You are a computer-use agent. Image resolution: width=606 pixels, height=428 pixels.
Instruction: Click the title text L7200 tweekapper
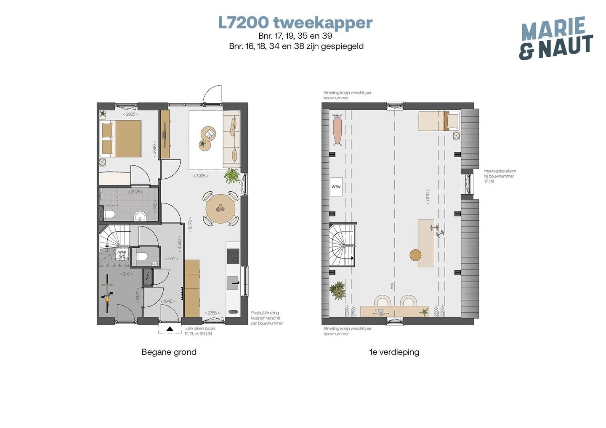(295, 23)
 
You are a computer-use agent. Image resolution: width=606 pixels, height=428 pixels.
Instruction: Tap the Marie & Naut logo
(555, 38)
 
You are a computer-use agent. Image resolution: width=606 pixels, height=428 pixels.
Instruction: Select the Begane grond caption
(169, 352)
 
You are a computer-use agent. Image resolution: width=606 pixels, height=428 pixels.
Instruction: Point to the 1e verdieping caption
(394, 352)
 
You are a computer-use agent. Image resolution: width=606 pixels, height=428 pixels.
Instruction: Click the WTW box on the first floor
(336, 187)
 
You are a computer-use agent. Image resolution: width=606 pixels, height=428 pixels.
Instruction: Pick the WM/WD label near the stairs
(122, 254)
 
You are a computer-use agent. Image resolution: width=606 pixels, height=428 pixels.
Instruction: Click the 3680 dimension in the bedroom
(155, 149)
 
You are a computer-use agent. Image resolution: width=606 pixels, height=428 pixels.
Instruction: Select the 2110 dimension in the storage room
(126, 274)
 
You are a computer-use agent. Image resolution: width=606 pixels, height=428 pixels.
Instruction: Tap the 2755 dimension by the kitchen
(212, 313)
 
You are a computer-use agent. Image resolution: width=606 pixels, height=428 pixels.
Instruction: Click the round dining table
(220, 208)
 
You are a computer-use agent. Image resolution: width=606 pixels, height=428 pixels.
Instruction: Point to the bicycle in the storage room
(108, 293)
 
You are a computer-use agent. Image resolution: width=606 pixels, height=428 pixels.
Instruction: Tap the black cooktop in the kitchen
(233, 256)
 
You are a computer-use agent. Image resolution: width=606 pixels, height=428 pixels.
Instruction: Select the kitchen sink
(233, 283)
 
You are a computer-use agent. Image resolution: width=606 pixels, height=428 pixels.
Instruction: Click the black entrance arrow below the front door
(169, 329)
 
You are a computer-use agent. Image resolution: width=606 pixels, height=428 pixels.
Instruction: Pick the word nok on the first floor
(392, 285)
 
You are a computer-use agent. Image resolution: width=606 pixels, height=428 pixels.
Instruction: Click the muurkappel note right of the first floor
(500, 176)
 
